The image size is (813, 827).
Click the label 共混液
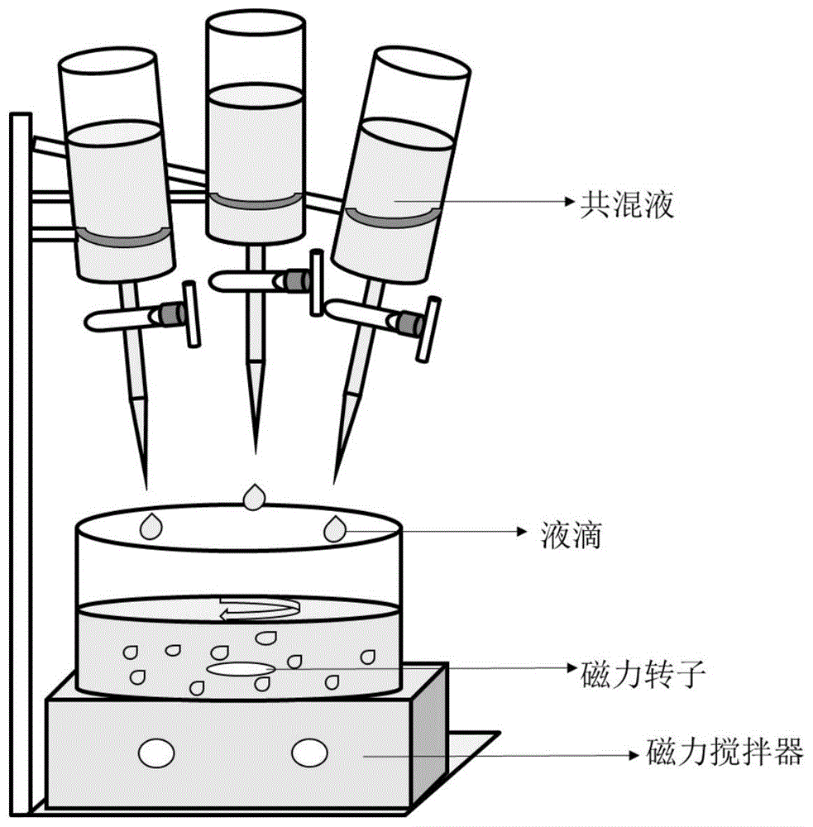[625, 201]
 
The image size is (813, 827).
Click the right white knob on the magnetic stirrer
[308, 753]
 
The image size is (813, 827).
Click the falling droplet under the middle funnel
[254, 496]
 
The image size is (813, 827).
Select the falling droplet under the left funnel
[151, 526]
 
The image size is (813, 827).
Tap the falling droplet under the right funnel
[335, 528]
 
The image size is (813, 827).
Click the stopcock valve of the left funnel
[170, 314]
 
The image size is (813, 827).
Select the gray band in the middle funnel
[255, 202]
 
